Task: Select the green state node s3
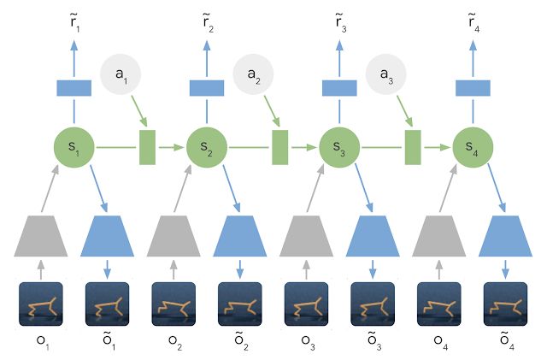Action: (338, 148)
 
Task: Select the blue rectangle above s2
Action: (205, 88)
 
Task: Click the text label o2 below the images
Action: (174, 345)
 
